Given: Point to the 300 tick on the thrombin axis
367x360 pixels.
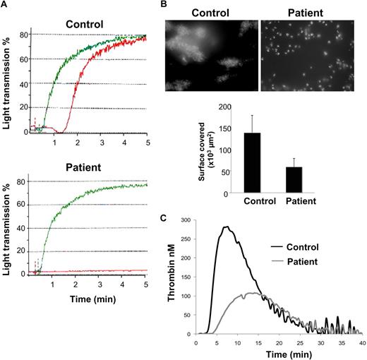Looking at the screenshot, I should click(185, 220).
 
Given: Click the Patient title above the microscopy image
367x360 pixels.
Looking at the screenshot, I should click(306, 12).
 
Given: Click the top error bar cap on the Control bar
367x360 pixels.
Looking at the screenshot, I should click(251, 115).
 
